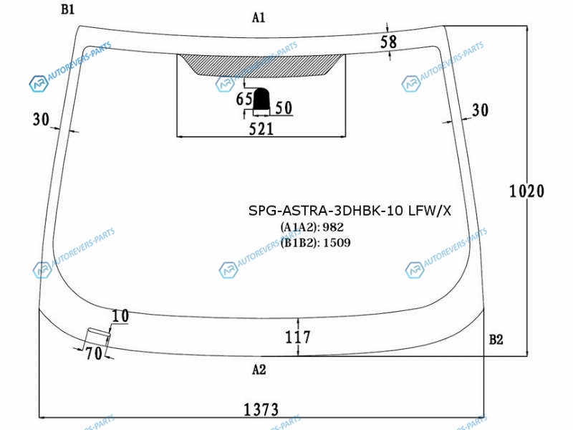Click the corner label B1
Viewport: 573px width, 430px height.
[68, 9]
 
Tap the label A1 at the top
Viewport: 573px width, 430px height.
[259, 17]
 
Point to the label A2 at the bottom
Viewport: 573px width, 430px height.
[259, 370]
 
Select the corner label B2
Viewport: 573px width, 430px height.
[496, 340]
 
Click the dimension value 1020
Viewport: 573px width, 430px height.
[526, 191]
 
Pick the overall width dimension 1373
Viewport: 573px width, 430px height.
[261, 409]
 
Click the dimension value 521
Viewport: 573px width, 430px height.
[261, 129]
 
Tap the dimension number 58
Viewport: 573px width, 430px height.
[388, 42]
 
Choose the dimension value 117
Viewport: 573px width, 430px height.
[298, 337]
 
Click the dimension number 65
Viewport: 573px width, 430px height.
[244, 99]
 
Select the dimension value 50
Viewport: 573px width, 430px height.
[284, 108]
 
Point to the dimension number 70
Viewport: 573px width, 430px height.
[94, 353]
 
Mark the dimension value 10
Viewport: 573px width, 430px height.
[120, 316]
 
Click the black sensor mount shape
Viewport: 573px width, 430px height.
[261, 99]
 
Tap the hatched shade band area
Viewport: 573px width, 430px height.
[261, 64]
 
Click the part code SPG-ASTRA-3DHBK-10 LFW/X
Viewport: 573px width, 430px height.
[350, 211]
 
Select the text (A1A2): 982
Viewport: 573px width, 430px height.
[312, 227]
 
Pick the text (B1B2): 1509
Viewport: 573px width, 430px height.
[315, 242]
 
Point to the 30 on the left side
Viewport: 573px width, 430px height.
[41, 119]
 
